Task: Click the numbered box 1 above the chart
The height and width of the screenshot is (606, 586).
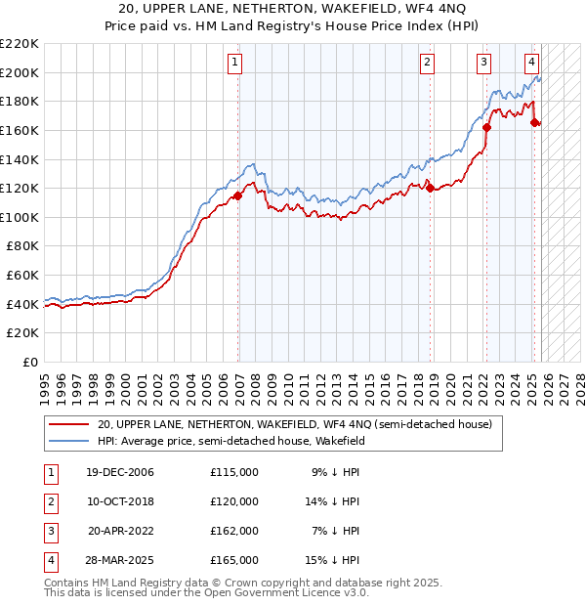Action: tap(236, 64)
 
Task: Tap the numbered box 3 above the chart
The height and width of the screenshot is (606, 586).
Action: tap(483, 64)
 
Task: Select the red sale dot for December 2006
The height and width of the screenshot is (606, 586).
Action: tap(238, 195)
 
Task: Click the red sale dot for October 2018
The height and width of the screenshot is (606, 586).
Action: tap(430, 189)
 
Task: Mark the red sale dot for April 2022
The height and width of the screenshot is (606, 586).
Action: tap(486, 127)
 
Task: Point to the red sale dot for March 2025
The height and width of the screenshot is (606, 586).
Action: tap(534, 123)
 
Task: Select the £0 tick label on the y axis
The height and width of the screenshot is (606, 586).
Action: tap(29, 363)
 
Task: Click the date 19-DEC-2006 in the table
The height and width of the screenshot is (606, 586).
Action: tap(120, 472)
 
